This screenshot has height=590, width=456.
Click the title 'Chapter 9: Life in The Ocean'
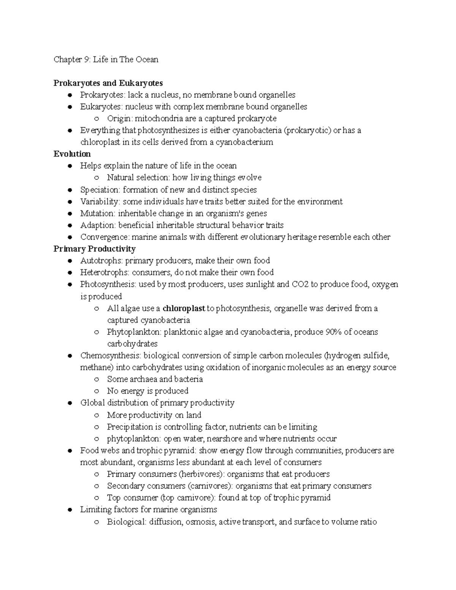(106, 60)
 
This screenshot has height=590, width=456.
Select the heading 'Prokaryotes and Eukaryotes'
(108, 83)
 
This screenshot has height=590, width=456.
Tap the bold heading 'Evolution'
(72, 154)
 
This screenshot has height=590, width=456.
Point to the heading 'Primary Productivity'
(94, 249)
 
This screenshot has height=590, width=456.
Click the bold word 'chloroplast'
(184, 308)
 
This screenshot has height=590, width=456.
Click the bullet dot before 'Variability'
(69, 202)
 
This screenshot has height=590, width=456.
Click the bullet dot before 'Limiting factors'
(69, 510)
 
